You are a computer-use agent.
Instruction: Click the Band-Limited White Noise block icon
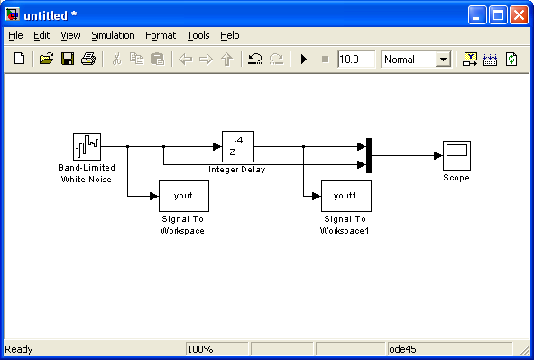point(87,146)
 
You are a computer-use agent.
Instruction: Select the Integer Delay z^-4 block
point(238,146)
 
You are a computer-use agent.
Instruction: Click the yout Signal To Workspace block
point(184,196)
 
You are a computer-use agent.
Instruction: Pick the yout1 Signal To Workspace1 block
point(346,196)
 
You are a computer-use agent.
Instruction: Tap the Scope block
point(456,156)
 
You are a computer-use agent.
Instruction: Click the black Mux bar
point(369,156)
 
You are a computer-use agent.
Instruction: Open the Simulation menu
point(113,35)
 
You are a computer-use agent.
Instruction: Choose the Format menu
point(161,35)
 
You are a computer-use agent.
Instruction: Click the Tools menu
point(198,35)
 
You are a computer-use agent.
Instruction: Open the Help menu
point(229,35)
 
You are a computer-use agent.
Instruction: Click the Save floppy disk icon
point(68,59)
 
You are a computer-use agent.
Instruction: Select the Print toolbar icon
point(88,59)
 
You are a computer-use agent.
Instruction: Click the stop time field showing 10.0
point(356,60)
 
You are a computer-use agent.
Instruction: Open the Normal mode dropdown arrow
point(443,60)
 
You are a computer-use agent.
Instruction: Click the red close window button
point(519,15)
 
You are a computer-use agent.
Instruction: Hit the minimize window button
point(477,15)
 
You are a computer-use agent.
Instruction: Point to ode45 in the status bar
point(402,349)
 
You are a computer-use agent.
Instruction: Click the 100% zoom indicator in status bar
point(200,349)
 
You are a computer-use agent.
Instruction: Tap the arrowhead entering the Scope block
point(438,156)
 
